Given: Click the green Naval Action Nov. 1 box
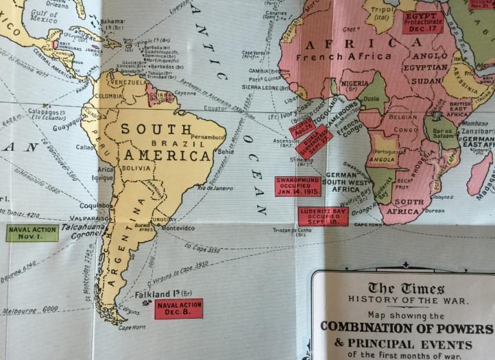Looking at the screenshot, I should [x=32, y=233].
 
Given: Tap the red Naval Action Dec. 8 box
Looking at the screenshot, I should [x=179, y=309].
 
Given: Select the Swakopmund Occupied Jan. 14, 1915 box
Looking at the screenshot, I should [x=298, y=186].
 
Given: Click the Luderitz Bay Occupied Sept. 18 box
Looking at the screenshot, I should [x=323, y=216].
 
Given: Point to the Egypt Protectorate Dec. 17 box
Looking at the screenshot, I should [x=422, y=22].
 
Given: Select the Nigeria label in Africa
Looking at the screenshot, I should [x=354, y=84].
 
